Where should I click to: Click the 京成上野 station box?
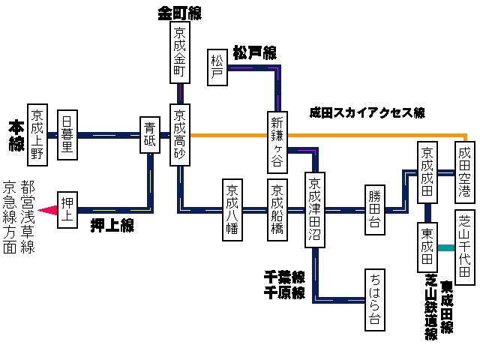pos(38,133)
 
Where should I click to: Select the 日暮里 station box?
pos(67,133)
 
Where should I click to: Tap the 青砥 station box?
pos(150,134)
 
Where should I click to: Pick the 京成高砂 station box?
pos(180,134)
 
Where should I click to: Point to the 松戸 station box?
pos(217,67)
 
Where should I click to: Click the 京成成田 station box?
pos(427,172)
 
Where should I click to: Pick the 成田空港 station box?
pos(465,172)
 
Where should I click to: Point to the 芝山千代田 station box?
pos(465,247)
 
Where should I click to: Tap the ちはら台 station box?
pos(374,298)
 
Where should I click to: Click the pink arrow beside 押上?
pos(48,211)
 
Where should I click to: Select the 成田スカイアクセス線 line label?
pos(367,113)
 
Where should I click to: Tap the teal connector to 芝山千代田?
pos(447,247)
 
